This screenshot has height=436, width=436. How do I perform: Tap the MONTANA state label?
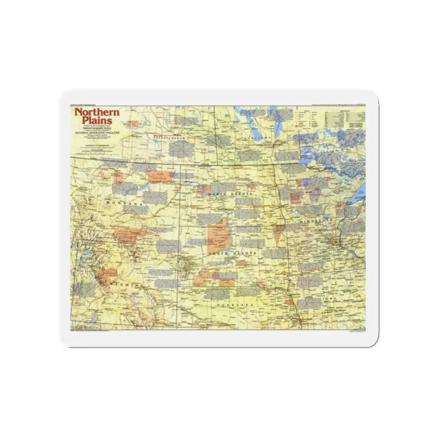(x=124, y=203)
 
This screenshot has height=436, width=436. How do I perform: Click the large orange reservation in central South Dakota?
(x=218, y=236)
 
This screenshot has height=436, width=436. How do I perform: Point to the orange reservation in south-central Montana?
(x=129, y=234)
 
